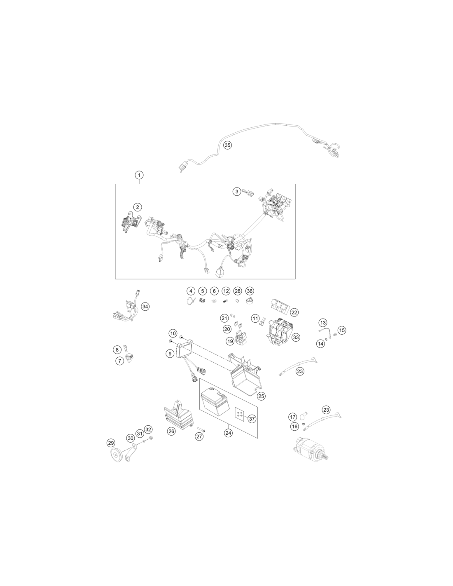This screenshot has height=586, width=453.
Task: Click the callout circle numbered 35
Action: (227, 145)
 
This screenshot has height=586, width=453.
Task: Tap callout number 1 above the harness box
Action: (139, 175)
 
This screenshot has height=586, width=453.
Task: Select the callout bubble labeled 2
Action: (138, 207)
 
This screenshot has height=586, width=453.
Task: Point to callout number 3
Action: (237, 192)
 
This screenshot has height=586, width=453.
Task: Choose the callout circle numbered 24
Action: (228, 433)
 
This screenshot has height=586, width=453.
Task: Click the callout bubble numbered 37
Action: (252, 419)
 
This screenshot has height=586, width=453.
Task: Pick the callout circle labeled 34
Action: (145, 307)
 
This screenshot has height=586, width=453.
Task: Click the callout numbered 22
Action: (294, 312)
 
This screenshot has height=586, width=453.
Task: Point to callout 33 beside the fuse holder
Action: (296, 337)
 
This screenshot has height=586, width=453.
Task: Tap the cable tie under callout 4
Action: (191, 301)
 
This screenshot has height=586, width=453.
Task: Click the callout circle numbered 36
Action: (250, 291)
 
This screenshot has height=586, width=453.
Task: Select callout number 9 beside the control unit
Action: (170, 354)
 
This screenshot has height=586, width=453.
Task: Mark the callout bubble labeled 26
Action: (171, 431)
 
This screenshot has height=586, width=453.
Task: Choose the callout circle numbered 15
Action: (342, 330)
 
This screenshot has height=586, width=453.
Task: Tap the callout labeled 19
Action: (230, 341)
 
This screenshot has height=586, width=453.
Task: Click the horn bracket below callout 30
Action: (131, 453)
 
